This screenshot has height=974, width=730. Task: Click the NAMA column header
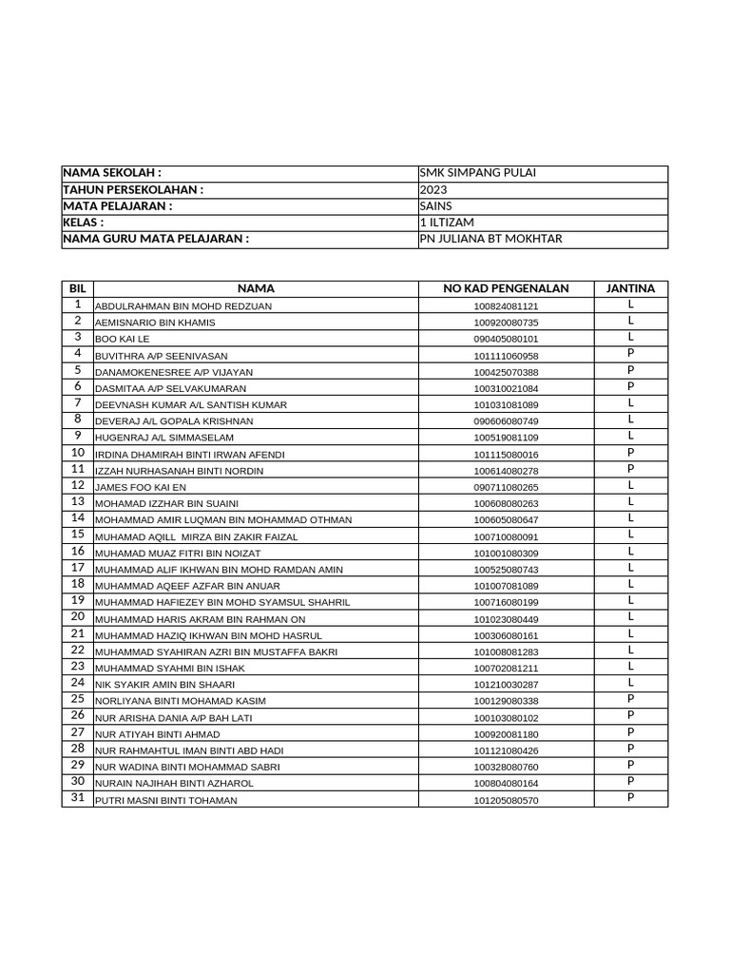coord(256,288)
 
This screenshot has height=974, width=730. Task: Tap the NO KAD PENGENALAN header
coord(506,288)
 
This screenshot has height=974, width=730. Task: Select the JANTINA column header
coord(630,288)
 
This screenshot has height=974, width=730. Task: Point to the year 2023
coord(433,189)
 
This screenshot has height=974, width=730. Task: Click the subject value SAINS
coord(436,205)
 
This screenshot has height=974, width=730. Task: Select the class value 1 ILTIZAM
coord(447,222)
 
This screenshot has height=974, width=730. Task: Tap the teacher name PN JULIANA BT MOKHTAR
coord(490,239)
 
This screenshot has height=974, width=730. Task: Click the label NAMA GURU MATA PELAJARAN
coord(156,239)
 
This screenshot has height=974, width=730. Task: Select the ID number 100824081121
coord(506,306)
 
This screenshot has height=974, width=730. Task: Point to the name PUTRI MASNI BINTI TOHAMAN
coord(166,801)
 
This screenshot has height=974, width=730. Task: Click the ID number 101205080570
coord(506,801)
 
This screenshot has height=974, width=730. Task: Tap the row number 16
coord(78,552)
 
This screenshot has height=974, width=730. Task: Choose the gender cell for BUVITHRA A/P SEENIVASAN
coord(630,354)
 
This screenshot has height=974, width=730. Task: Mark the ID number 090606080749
coord(506,421)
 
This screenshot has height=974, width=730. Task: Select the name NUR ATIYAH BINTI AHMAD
coord(157,734)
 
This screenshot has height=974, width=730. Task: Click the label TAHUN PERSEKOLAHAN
coord(134,189)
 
